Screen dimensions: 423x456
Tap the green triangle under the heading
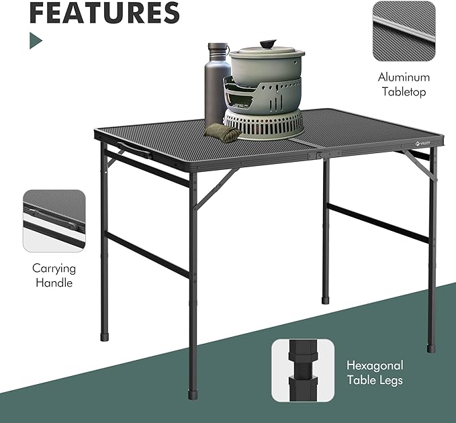(x=35, y=41)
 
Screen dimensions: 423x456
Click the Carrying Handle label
(x=54, y=275)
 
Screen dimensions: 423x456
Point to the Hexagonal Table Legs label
(x=374, y=373)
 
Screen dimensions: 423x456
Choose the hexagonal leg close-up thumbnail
(x=303, y=370)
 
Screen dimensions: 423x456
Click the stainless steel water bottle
(x=217, y=87)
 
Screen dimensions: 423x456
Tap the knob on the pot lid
(x=267, y=44)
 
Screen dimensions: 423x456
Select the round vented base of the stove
(x=263, y=126)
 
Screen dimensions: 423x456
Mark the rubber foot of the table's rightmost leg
(x=430, y=346)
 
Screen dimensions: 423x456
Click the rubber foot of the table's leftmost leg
(x=105, y=333)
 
